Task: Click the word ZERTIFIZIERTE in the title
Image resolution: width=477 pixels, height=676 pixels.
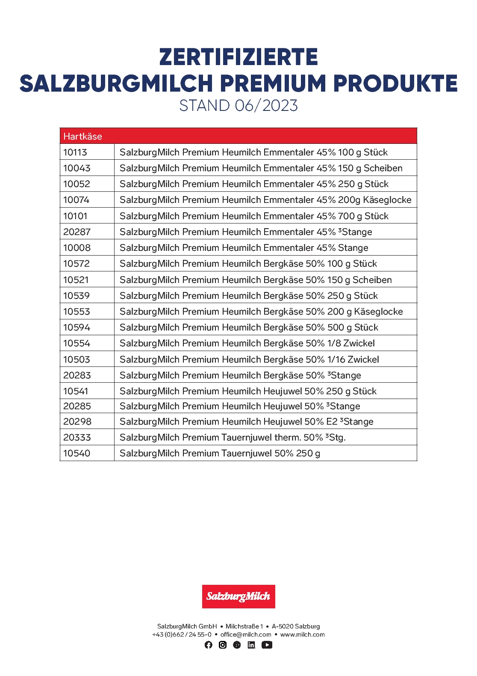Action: click(x=238, y=57)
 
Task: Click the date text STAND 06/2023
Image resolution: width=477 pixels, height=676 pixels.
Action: click(x=238, y=106)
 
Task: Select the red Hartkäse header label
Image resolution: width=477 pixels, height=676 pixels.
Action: click(x=83, y=136)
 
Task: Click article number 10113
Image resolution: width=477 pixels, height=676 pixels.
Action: click(x=75, y=152)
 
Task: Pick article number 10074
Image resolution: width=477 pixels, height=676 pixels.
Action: click(x=77, y=200)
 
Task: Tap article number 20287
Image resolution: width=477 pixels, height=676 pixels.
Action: click(x=77, y=232)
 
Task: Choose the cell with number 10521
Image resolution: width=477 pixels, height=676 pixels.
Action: click(x=76, y=280)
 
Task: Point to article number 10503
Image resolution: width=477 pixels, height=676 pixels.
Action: click(x=77, y=360)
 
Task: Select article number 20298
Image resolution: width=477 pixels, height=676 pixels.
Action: click(x=77, y=422)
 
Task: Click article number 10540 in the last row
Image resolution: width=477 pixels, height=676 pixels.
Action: click(x=77, y=453)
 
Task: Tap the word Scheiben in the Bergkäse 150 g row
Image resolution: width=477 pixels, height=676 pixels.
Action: click(x=372, y=280)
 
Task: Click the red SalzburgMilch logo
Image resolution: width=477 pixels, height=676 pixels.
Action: click(x=238, y=596)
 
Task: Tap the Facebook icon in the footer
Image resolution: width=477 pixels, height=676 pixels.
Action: click(x=209, y=645)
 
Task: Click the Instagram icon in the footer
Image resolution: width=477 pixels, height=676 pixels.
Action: click(x=223, y=645)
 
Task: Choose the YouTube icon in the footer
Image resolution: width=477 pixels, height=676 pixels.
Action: click(x=267, y=645)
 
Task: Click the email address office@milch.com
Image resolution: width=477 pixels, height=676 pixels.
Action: click(x=246, y=634)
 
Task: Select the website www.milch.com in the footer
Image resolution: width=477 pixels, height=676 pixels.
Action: click(x=303, y=634)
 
